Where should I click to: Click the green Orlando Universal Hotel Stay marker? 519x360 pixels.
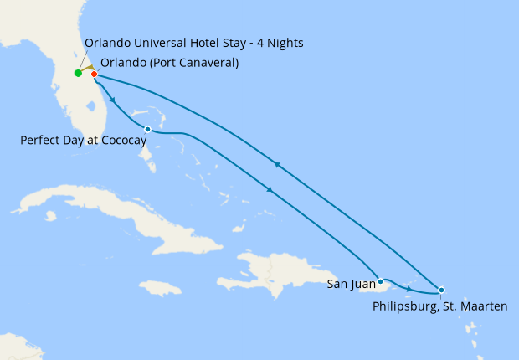[x=78, y=73]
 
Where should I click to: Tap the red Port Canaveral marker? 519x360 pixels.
[x=94, y=74]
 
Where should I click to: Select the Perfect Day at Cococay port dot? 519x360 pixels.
[x=147, y=129]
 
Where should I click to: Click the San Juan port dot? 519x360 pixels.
[x=380, y=281]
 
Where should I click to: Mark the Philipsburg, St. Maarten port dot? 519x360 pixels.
[x=441, y=290]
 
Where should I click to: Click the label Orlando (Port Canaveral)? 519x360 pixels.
[x=169, y=63]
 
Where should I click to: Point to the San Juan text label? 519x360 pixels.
[x=351, y=285]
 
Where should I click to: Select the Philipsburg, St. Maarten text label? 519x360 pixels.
[x=439, y=306]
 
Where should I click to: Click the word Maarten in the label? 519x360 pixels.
[x=483, y=306]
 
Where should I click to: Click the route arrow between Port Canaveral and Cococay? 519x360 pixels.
[x=112, y=100]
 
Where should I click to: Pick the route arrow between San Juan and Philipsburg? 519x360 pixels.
[x=408, y=289]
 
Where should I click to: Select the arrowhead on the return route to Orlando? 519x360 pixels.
[x=277, y=164]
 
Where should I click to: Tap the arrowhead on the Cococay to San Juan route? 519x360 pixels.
[x=270, y=190]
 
